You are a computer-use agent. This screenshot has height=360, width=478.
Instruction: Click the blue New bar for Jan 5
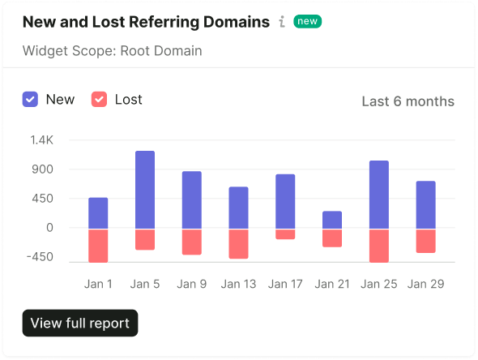point(145,190)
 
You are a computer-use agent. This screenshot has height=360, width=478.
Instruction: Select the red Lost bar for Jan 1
point(98,246)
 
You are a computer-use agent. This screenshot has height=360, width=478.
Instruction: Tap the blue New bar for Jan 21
point(332,220)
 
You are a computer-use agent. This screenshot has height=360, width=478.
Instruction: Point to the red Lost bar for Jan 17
point(285,234)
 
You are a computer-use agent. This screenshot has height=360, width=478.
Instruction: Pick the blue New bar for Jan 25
point(379,195)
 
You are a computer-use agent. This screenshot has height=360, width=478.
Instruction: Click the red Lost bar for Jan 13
point(239,244)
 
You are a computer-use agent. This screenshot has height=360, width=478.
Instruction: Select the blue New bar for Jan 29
point(426,204)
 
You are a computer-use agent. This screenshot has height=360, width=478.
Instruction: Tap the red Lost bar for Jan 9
point(192,242)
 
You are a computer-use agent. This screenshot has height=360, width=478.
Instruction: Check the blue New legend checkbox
point(30,100)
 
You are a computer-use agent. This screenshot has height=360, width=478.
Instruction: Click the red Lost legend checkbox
point(99,100)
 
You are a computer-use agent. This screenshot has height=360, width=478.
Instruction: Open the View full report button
point(80,323)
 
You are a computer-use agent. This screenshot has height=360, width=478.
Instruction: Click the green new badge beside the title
point(308,21)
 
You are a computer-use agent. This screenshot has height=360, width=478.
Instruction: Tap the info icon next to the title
point(282,22)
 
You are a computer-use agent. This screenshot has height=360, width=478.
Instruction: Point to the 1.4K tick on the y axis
point(42,140)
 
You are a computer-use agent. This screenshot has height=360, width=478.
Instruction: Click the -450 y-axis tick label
point(40,257)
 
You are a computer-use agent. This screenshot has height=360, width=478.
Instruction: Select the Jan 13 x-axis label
point(238,284)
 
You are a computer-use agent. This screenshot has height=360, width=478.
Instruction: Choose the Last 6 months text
point(408,101)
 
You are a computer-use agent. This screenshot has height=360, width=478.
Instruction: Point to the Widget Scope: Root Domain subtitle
point(112,51)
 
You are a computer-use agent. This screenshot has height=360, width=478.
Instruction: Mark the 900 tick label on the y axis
point(42,169)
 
